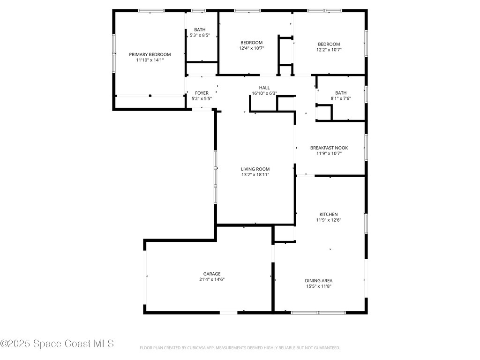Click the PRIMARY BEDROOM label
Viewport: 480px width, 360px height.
pos(150,54)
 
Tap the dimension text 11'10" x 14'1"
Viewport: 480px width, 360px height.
pos(150,60)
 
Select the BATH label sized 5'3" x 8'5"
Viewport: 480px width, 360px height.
pos(196,30)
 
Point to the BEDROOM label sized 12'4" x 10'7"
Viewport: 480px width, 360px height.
pos(251,43)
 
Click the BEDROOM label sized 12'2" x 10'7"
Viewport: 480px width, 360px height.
pos(328,44)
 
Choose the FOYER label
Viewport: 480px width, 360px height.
pos(202,93)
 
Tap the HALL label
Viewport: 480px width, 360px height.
pos(264,88)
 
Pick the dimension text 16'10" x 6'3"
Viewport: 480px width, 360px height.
pos(264,93)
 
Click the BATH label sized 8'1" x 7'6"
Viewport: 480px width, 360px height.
pos(341,93)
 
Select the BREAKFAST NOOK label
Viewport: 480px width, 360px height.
pos(329,148)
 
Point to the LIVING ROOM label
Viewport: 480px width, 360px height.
pos(255,169)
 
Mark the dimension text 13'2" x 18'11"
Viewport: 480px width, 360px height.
pos(255,175)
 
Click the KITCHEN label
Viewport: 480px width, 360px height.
pos(329,214)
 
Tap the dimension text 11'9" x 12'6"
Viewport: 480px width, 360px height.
pos(329,220)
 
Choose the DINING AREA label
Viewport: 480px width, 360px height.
pos(319,281)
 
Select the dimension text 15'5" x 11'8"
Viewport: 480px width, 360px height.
pos(319,286)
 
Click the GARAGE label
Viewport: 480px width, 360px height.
pos(212,274)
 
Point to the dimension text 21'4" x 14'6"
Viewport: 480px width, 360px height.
pos(212,279)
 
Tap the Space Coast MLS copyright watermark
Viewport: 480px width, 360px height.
pos(57,344)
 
